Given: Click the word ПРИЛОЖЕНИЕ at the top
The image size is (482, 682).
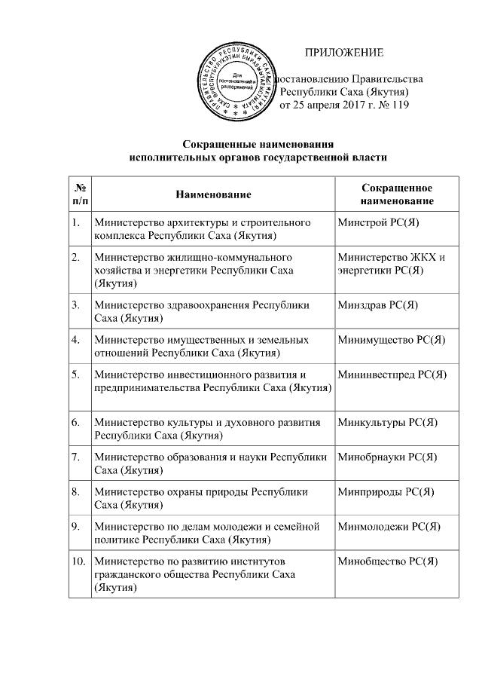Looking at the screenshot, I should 343,52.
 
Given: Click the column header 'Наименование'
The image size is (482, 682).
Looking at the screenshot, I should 213,194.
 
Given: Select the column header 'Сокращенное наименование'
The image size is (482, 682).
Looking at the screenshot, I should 397,194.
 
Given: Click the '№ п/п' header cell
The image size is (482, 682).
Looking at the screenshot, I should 80,194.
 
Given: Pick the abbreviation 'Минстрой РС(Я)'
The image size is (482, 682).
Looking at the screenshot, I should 378,224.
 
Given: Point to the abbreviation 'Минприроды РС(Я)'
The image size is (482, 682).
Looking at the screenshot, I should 386,491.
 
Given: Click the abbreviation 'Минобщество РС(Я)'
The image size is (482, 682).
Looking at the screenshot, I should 388,561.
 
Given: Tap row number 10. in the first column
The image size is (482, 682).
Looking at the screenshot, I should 78,561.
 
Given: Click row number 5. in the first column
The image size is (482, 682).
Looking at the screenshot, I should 76,374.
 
